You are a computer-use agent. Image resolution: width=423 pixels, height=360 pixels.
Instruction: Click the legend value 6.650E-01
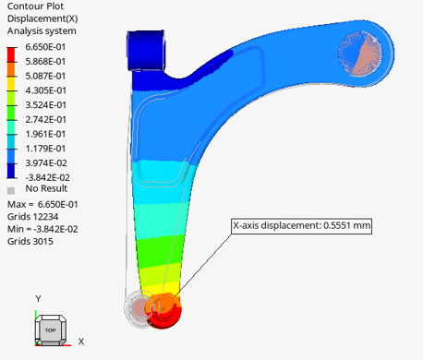pyautogui.click(x=45, y=47)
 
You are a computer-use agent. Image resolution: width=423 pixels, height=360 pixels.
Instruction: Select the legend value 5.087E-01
pyautogui.click(x=45, y=76)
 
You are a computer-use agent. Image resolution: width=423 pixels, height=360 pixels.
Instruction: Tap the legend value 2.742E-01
pyautogui.click(x=45, y=119)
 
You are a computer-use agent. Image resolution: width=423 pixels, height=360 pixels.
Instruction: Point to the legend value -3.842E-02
pyautogui.click(x=48, y=177)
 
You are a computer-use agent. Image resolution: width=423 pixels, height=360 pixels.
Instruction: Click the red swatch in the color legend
pyautogui.click(x=11, y=55)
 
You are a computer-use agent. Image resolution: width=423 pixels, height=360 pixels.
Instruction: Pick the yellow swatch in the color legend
pyautogui.click(x=11, y=84)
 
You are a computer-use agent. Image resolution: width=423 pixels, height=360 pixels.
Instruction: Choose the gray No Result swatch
pyautogui.click(x=11, y=191)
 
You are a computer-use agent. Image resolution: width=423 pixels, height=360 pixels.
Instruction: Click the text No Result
pyautogui.click(x=46, y=188)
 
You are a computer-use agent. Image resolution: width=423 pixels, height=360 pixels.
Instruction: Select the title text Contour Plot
pyautogui.click(x=35, y=6)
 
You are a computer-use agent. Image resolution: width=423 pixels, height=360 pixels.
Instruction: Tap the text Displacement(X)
pyautogui.click(x=42, y=18)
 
